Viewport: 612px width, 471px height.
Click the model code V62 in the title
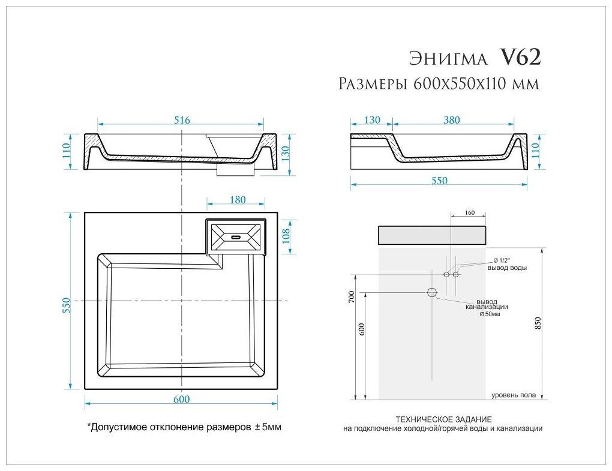pyautogui.click(x=520, y=57)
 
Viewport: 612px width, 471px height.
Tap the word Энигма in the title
pyautogui.click(x=448, y=58)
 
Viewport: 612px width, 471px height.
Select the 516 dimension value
pyautogui.click(x=182, y=120)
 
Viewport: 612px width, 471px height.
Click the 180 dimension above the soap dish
pyautogui.click(x=238, y=200)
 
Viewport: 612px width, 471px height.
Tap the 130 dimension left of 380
pyautogui.click(x=371, y=120)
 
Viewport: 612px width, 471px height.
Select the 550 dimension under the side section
pyautogui.click(x=439, y=181)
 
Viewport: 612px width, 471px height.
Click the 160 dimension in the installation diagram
pyautogui.click(x=470, y=212)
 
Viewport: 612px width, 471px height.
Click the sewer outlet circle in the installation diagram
pyautogui.click(x=431, y=292)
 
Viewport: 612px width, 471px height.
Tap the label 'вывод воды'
pyautogui.click(x=507, y=268)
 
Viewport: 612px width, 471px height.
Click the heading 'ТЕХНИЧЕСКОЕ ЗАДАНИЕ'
pyautogui.click(x=443, y=418)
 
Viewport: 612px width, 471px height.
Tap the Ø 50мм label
pyautogui.click(x=489, y=314)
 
